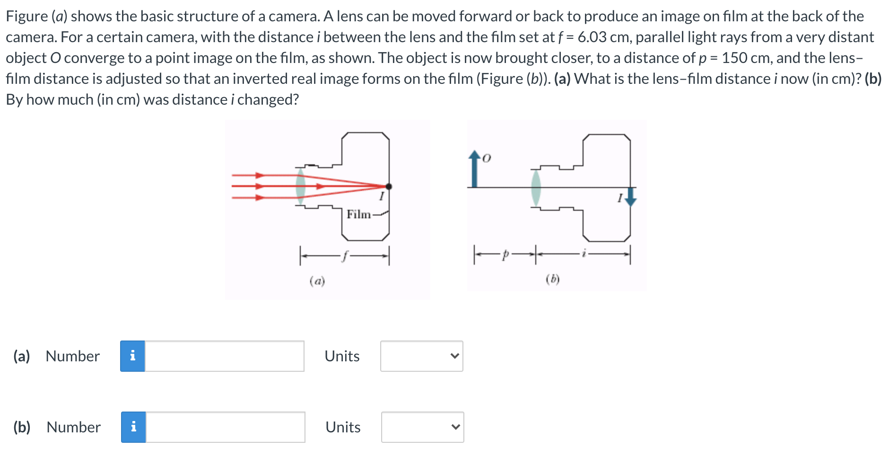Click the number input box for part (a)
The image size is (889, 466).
pyautogui.click(x=224, y=356)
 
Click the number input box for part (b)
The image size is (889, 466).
pyautogui.click(x=225, y=427)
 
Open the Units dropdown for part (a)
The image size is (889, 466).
pyautogui.click(x=421, y=356)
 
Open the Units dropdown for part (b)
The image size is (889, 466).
pyautogui.click(x=422, y=427)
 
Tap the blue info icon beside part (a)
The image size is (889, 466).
pyautogui.click(x=132, y=356)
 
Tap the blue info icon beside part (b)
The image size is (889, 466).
pyautogui.click(x=133, y=427)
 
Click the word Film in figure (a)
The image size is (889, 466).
pyautogui.click(x=358, y=215)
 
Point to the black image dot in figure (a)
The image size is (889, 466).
pyautogui.click(x=389, y=187)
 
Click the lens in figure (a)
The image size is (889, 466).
pyautogui.click(x=300, y=187)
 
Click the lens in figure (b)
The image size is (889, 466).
pyautogui.click(x=536, y=188)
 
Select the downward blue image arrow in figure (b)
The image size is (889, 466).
pyautogui.click(x=630, y=197)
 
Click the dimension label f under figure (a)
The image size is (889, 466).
pyautogui.click(x=345, y=256)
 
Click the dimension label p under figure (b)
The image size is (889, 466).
pyautogui.click(x=505, y=255)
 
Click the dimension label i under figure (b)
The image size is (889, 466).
pyautogui.click(x=584, y=254)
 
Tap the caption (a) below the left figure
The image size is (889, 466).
pyautogui.click(x=317, y=281)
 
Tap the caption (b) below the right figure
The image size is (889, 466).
pyautogui.click(x=552, y=279)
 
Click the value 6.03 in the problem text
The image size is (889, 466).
pyautogui.click(x=592, y=37)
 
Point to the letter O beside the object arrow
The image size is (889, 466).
pyautogui.click(x=487, y=158)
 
